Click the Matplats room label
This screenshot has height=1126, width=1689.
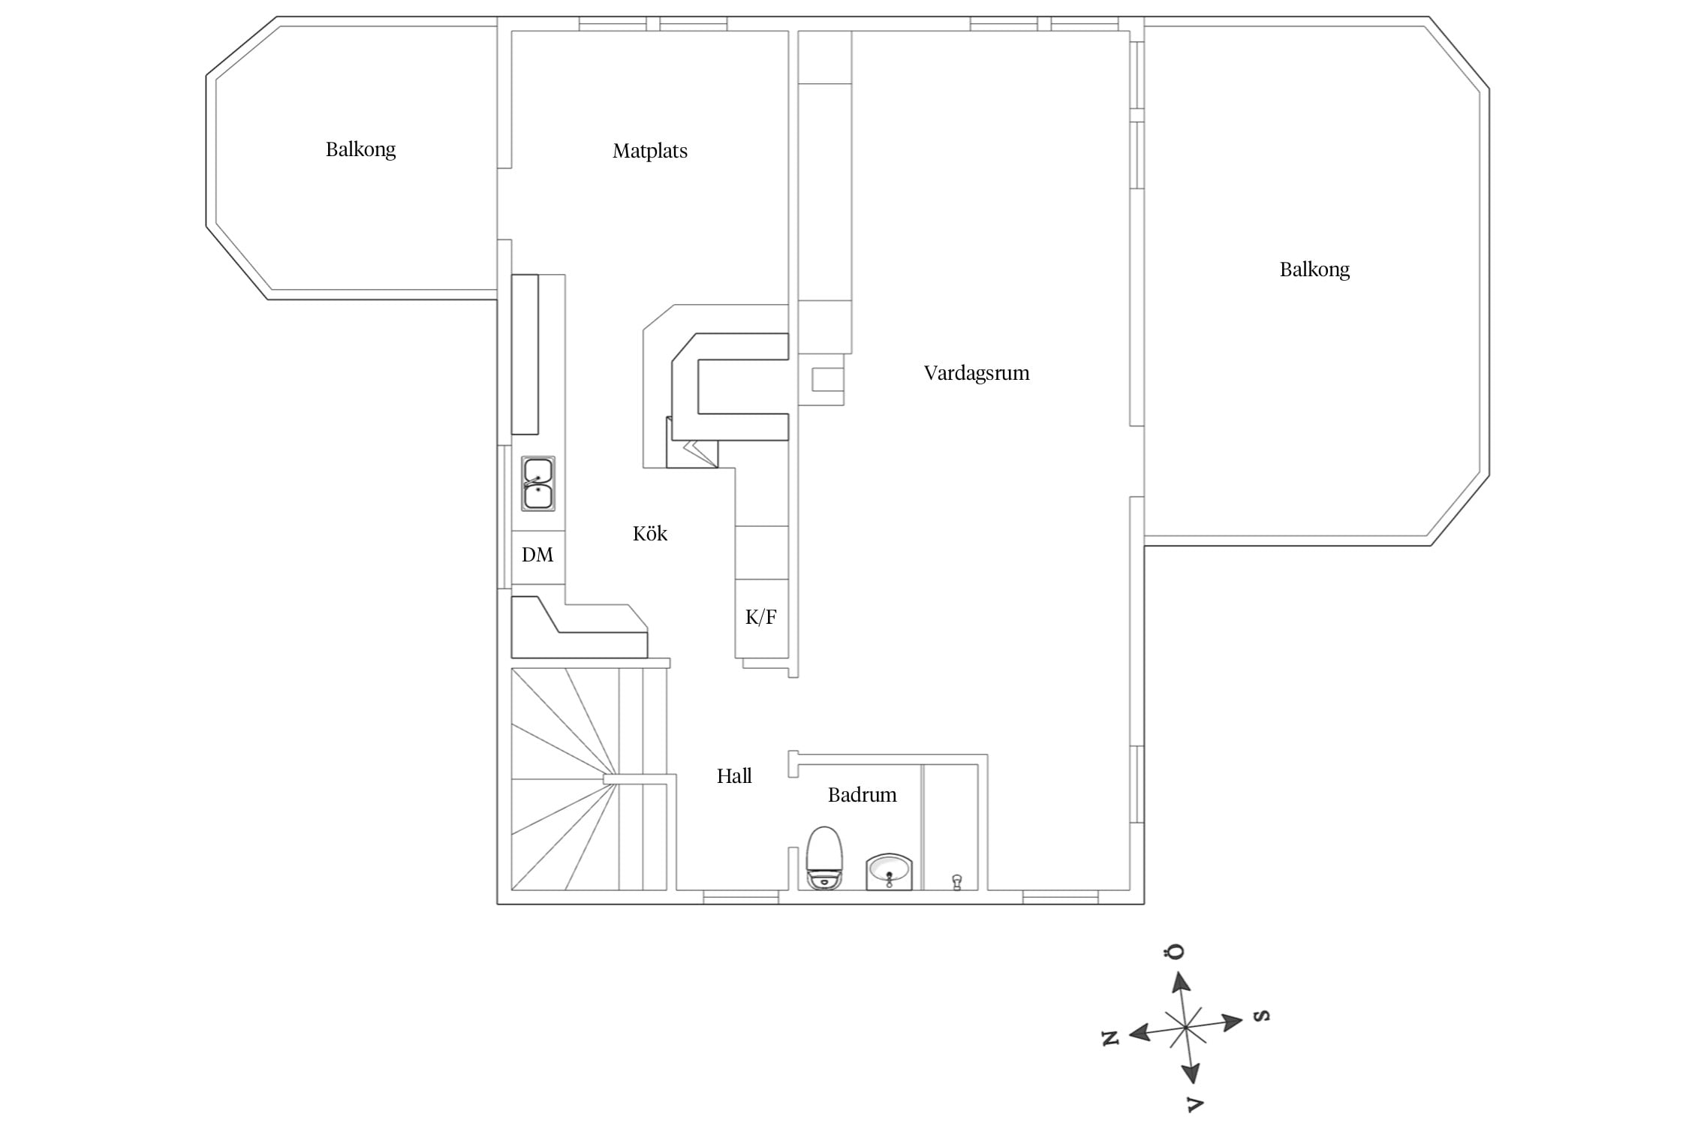point(650,151)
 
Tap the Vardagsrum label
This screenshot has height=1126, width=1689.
point(977,373)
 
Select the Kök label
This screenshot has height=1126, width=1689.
point(650,533)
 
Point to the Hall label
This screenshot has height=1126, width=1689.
point(734,775)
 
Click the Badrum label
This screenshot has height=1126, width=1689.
point(863,794)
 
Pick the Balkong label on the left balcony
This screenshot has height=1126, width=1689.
point(360,149)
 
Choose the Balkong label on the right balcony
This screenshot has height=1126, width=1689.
point(1314,269)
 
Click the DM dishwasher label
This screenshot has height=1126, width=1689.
point(537,555)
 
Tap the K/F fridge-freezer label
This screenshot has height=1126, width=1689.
point(761,617)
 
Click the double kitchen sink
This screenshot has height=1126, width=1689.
point(538,483)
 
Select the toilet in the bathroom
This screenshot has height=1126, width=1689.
point(824,858)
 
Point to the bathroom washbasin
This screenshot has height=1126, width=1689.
point(890,872)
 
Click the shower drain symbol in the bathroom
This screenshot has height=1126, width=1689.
point(956,882)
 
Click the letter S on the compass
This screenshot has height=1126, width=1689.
point(1263,1016)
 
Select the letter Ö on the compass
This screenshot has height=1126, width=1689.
point(1175,951)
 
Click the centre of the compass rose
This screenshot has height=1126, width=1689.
point(1185,1027)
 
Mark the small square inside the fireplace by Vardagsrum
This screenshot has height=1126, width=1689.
point(827,379)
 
